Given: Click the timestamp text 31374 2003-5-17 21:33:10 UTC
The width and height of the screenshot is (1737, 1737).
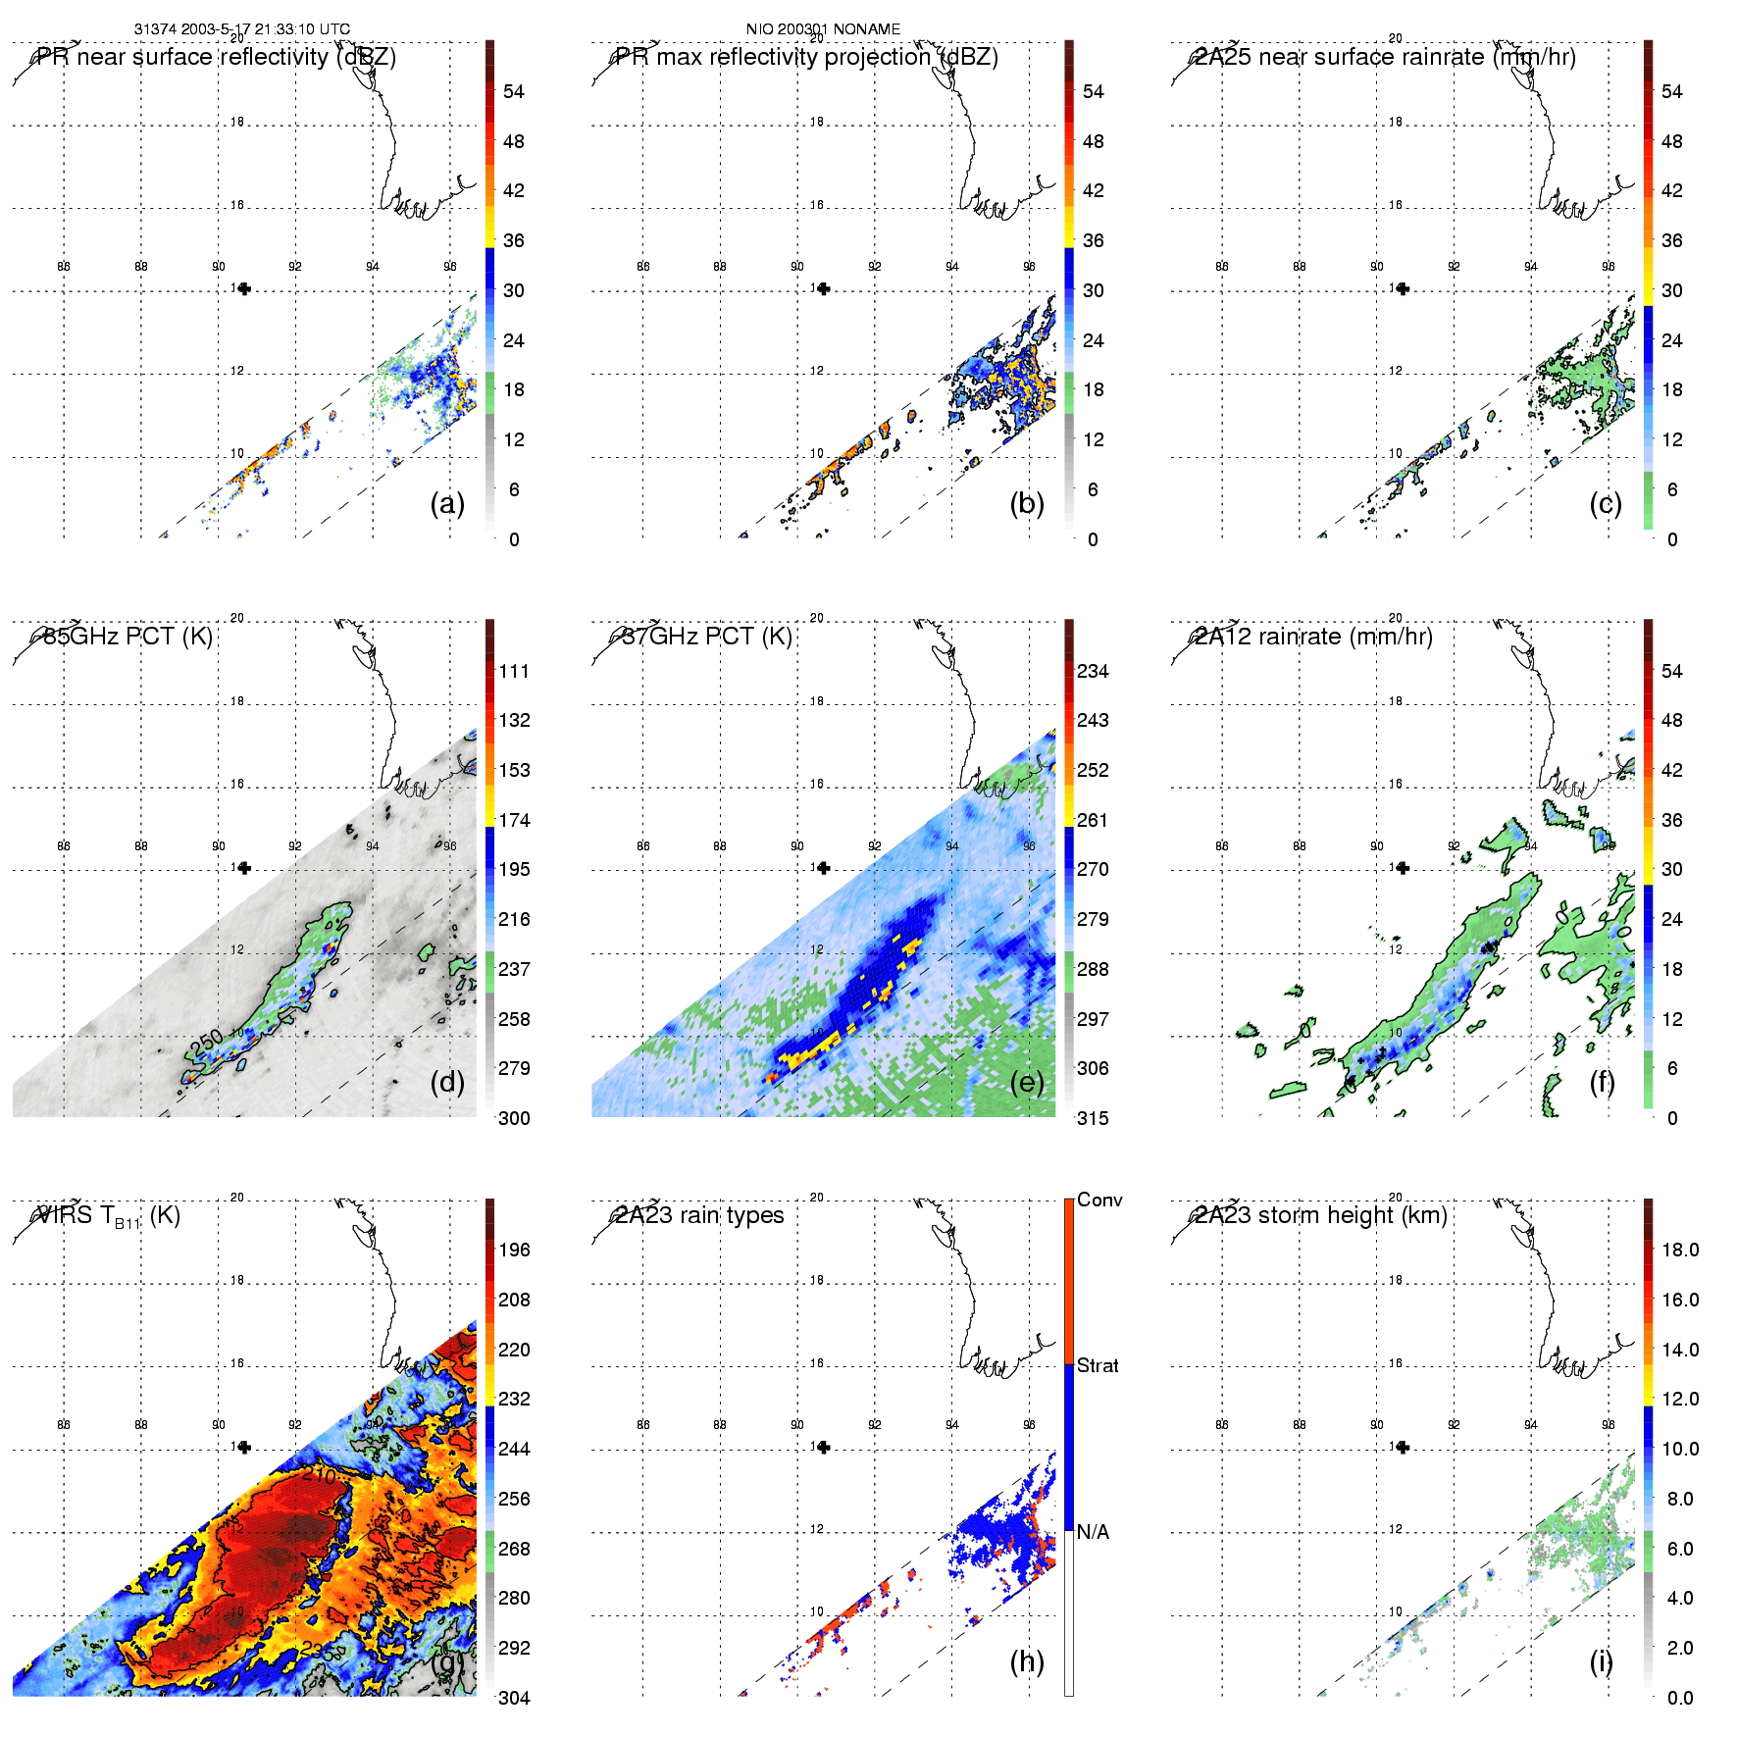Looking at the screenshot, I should pyautogui.click(x=241, y=29).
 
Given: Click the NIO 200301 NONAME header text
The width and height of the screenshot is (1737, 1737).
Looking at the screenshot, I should pyautogui.click(x=823, y=29).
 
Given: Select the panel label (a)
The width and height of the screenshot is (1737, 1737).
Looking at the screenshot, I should pyautogui.click(x=447, y=503).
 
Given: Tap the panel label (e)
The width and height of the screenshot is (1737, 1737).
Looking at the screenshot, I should pyautogui.click(x=1027, y=1082).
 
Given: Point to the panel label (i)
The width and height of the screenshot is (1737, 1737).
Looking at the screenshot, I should pyautogui.click(x=1601, y=1661).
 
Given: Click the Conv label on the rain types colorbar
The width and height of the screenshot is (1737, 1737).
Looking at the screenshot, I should pyautogui.click(x=1099, y=1201).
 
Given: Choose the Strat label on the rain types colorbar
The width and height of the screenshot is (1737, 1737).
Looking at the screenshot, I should pyautogui.click(x=1098, y=1366).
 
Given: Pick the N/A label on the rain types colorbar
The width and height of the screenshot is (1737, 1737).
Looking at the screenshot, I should pyautogui.click(x=1093, y=1532).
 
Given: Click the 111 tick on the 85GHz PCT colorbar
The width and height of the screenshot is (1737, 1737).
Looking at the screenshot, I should pyautogui.click(x=514, y=672).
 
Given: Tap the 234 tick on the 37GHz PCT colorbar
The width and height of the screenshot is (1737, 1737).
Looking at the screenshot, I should pyautogui.click(x=1093, y=672).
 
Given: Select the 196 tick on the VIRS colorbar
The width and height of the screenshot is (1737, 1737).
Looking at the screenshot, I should pyautogui.click(x=514, y=1251).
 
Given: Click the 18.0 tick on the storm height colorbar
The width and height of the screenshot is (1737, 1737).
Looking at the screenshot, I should pyautogui.click(x=1680, y=1251).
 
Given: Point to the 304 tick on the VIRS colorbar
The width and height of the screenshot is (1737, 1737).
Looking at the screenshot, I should pyautogui.click(x=514, y=1698).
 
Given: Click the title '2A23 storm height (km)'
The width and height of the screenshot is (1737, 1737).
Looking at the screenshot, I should pyautogui.click(x=1321, y=1216).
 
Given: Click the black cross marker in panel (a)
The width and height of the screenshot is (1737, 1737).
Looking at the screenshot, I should pyautogui.click(x=244, y=288).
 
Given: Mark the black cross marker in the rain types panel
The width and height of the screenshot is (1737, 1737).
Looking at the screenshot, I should pyautogui.click(x=824, y=1447).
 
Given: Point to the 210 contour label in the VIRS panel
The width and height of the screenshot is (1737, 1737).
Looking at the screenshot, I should pyautogui.click(x=320, y=1474).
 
